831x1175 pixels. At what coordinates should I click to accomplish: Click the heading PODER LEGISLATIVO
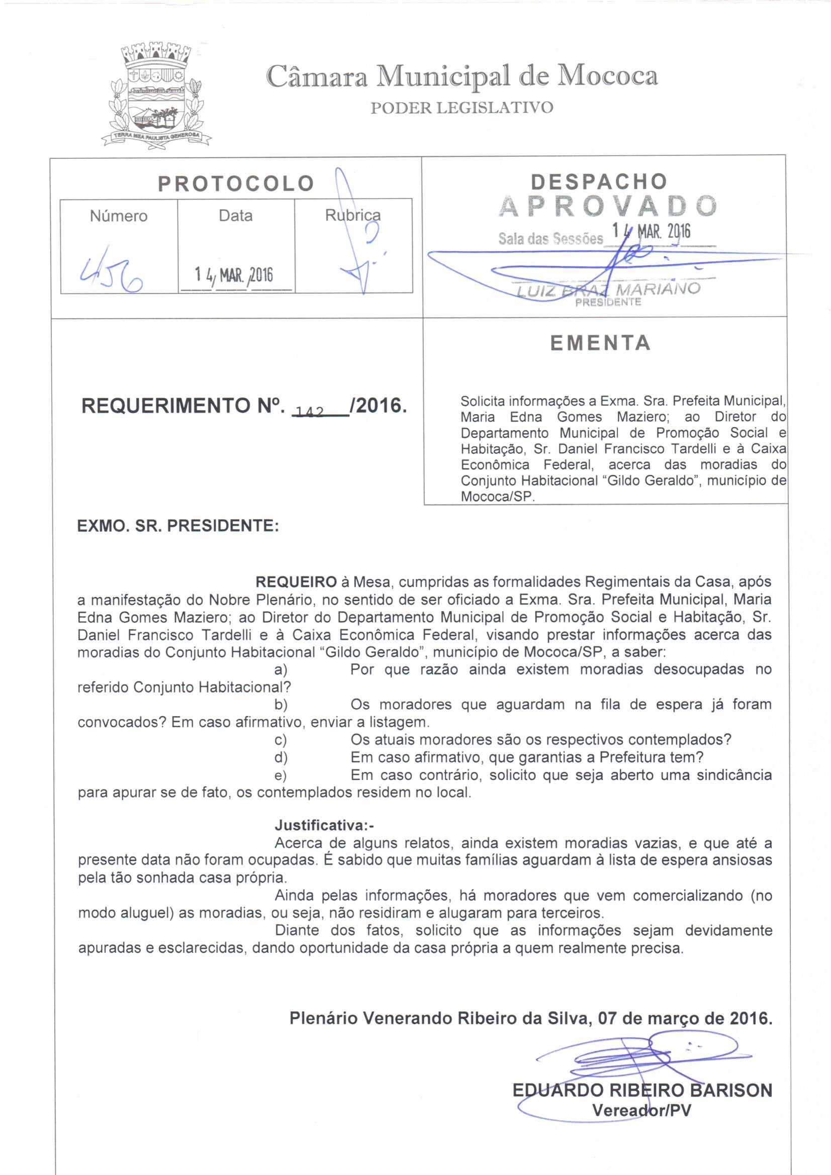coord(461,108)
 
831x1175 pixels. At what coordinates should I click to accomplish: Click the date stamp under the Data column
coord(234,276)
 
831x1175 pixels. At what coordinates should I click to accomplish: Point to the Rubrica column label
coord(353,216)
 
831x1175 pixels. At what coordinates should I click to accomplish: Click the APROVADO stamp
coord(607,206)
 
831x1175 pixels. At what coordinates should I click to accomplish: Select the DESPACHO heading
coord(599,181)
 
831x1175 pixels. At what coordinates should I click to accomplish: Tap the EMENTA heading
coord(600,343)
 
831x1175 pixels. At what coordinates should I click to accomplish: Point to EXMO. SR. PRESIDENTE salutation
coord(177,526)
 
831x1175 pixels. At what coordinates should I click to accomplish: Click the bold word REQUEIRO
coord(296,582)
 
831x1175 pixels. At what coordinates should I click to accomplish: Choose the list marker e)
coord(281,775)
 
